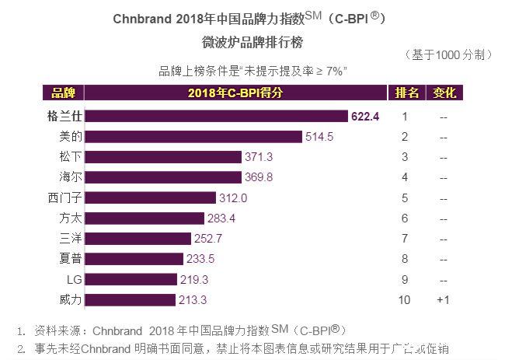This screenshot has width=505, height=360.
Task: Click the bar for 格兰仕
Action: [x=217, y=117]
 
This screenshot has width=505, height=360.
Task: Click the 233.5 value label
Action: [x=204, y=258]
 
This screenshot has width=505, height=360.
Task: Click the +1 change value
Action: [x=444, y=299]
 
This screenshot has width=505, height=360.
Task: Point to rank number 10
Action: [x=405, y=299]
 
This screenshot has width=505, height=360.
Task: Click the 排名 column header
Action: [x=406, y=93]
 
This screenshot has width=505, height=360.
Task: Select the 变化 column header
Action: [x=444, y=93]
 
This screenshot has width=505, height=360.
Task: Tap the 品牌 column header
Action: [x=62, y=93]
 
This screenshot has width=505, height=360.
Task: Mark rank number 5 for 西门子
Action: [x=405, y=197]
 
